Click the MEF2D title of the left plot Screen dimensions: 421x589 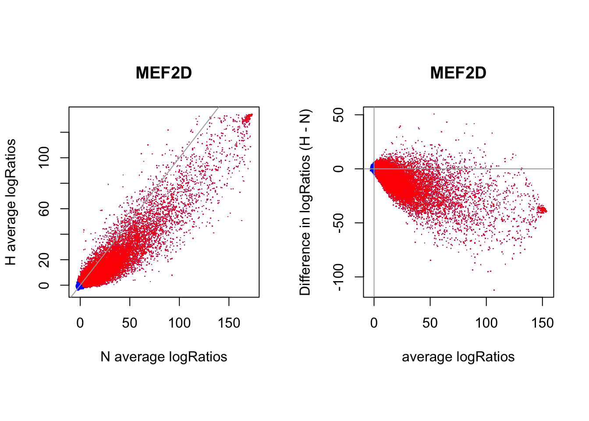[163, 73]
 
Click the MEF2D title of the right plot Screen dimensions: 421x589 [458, 73]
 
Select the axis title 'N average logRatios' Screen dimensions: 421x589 [163, 357]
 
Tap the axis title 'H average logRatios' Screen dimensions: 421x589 [11, 202]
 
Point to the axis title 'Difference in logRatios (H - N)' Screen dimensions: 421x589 [305, 202]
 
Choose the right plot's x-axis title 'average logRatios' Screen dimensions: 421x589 [458, 357]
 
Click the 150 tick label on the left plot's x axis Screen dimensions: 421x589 [229, 323]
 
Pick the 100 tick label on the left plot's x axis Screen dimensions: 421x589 [179, 323]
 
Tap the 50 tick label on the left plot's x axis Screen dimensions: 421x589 [130, 323]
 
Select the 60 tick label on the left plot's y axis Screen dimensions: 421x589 [44, 209]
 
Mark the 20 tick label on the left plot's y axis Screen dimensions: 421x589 [44, 260]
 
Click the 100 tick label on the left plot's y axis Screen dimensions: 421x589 [44, 158]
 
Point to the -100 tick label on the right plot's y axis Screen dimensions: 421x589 [338, 277]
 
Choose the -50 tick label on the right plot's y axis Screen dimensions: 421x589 [338, 223]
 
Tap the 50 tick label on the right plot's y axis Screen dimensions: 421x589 [338, 115]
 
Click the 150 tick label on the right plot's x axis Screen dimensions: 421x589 [543, 323]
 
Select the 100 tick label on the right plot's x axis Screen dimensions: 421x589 [486, 323]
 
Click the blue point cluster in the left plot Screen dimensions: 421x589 [79, 285]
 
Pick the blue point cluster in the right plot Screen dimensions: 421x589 [373, 168]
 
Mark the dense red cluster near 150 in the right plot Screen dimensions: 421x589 [542, 210]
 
